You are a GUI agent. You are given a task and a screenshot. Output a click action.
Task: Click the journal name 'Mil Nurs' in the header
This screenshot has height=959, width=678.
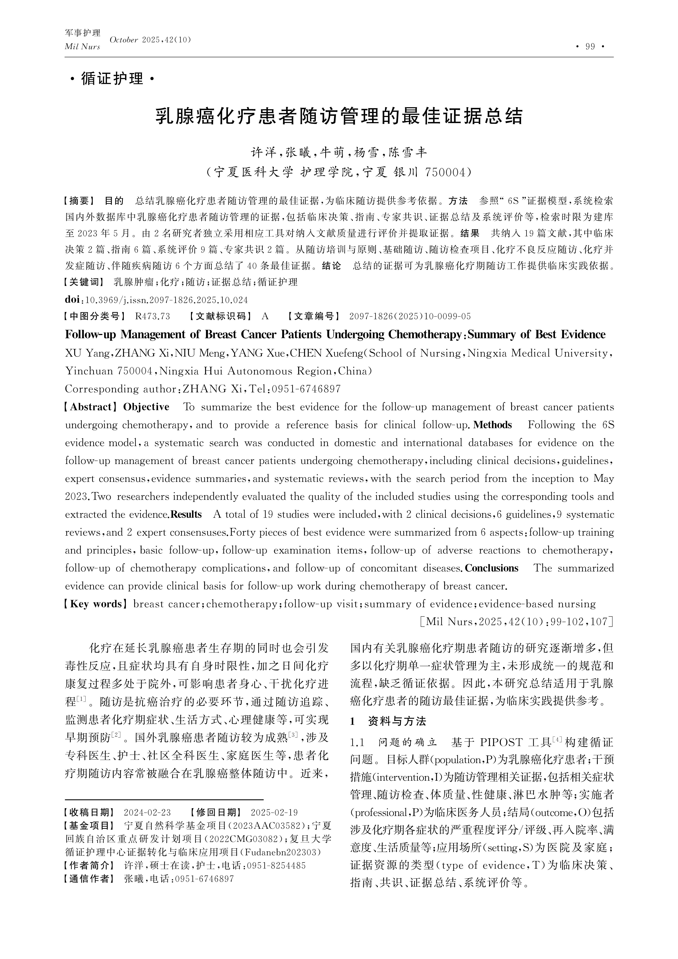82,47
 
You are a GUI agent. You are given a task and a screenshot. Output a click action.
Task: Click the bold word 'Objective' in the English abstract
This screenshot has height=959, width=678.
146,407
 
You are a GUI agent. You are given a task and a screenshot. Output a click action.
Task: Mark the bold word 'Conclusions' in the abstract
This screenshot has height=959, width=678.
492,568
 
